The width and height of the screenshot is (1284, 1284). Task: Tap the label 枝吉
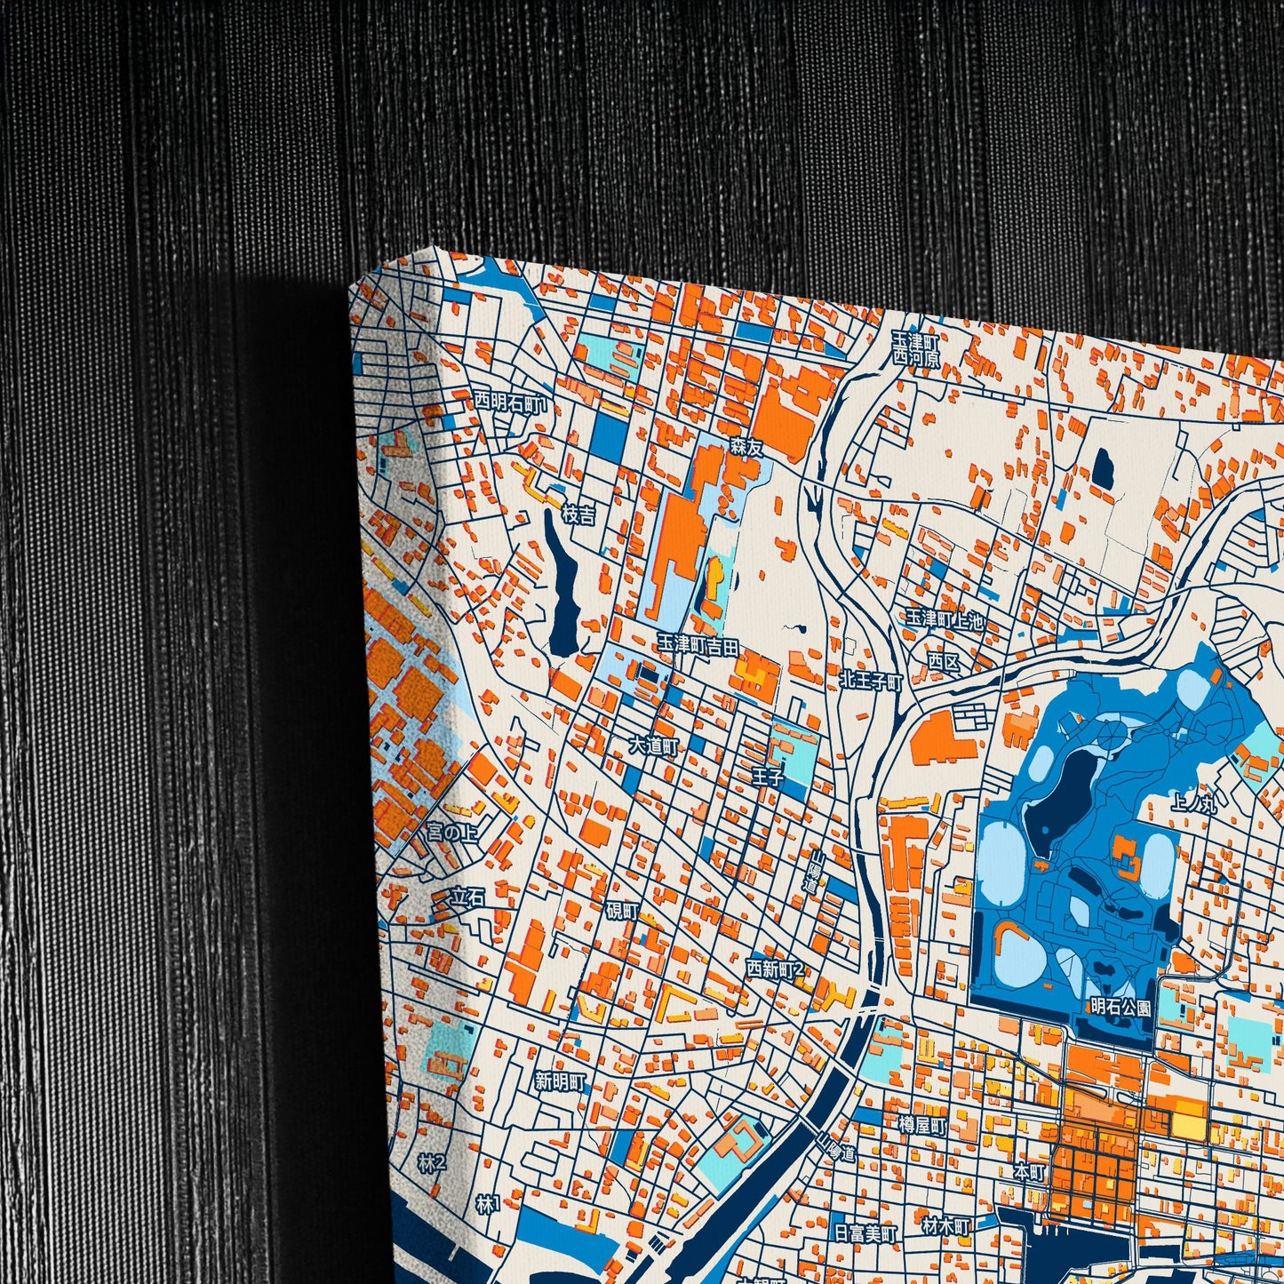coord(578,514)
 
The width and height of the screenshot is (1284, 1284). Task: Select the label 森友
coord(746,449)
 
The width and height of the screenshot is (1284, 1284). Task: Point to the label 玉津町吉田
coord(698,645)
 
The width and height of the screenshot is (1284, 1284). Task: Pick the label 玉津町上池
coord(945,619)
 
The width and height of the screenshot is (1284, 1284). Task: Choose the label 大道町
coord(653,746)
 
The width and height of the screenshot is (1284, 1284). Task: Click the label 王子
coord(767,777)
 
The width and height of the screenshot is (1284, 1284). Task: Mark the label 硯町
coord(622,911)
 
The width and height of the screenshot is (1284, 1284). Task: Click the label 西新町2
coord(775,968)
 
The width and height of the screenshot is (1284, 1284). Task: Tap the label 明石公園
coord(1121,1008)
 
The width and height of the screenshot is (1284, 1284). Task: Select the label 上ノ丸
coord(1194,804)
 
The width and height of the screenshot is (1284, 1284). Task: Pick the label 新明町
coord(560,1082)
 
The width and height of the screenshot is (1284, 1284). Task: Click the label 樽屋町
coord(922,1125)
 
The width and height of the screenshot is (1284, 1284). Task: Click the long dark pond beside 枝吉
coord(562,586)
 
